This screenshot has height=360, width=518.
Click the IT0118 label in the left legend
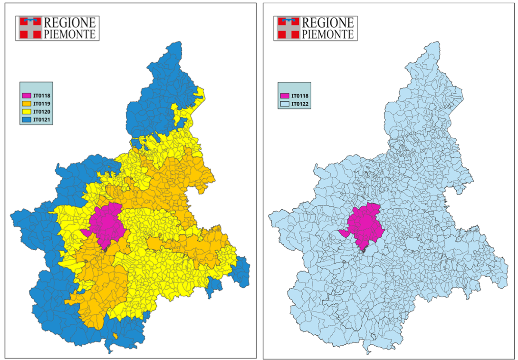coord(42,96)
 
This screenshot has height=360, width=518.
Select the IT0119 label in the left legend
coord(42,104)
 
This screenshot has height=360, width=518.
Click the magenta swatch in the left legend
coord(27,96)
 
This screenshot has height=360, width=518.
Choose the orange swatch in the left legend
coord(27,104)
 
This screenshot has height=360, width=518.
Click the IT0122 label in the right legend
coord(300,103)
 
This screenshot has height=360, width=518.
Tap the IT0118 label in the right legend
coord(300,96)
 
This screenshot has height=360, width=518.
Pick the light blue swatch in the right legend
coord(285,103)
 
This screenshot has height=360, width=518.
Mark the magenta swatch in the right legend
coord(285,96)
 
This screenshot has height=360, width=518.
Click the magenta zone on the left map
coord(107,224)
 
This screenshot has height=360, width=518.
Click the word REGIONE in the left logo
coord(69,22)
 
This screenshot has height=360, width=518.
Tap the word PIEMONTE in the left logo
coord(69,33)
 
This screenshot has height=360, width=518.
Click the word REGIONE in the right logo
coord(328,22)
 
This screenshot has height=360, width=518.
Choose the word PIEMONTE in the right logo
coord(328,34)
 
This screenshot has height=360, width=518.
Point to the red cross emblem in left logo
coord(29,28)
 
